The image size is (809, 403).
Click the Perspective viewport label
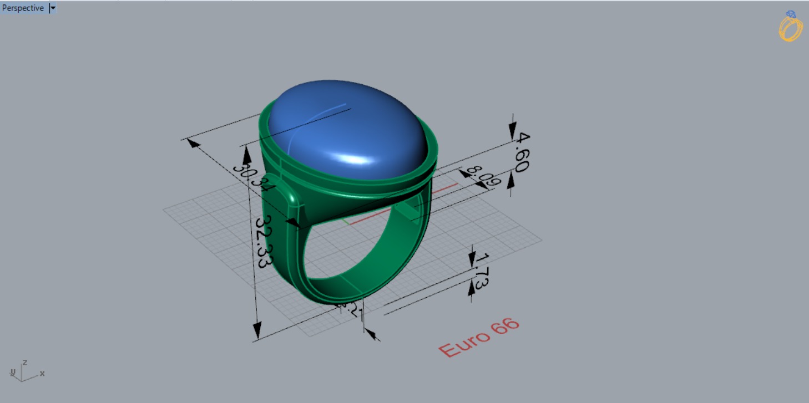click(x=23, y=8)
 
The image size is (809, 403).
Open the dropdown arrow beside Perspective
click(x=53, y=8)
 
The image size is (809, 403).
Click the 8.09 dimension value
click(x=476, y=176)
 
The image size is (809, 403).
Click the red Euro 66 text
click(x=478, y=338)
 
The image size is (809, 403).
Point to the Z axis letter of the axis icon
click(x=24, y=363)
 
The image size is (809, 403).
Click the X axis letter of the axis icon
click(x=42, y=374)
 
